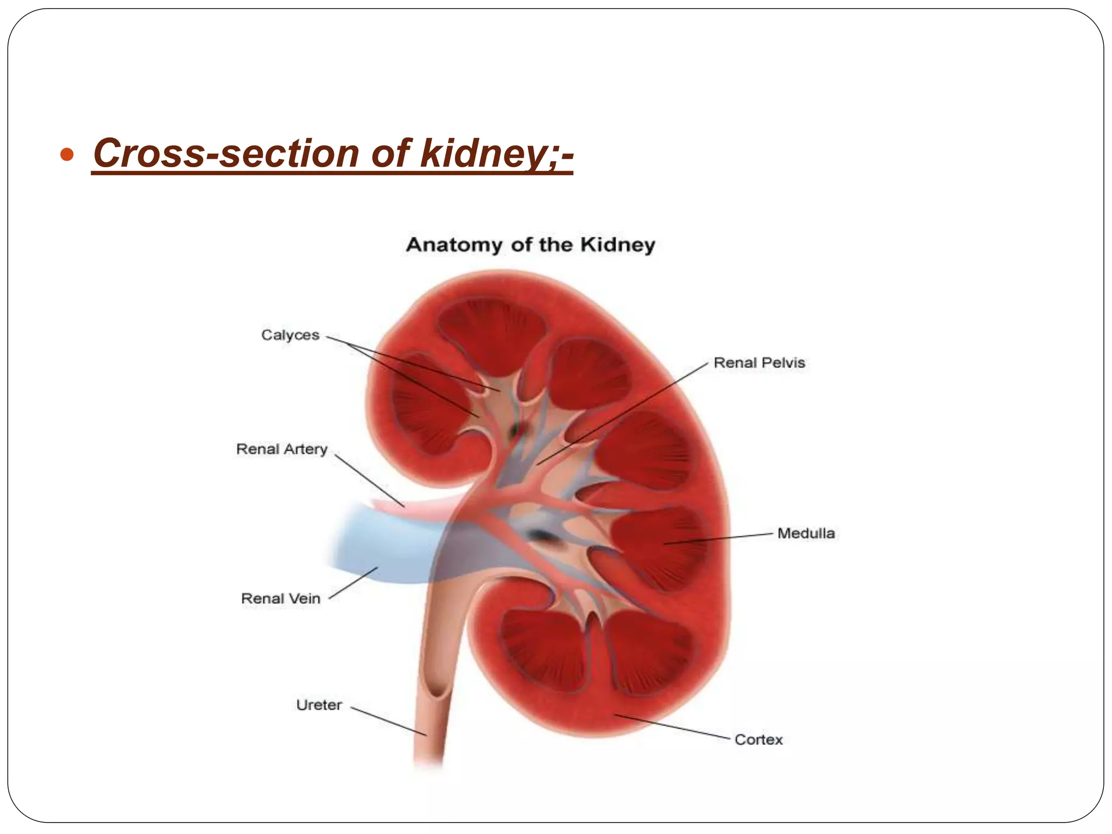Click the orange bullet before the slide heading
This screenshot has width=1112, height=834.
pyautogui.click(x=67, y=156)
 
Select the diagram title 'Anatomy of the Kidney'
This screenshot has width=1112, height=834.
pyautogui.click(x=530, y=245)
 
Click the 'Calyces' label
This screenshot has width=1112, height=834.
pyautogui.click(x=290, y=335)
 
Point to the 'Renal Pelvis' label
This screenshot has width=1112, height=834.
pyautogui.click(x=759, y=363)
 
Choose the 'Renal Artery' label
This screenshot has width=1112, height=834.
pyautogui.click(x=282, y=449)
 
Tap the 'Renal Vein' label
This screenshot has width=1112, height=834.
pyautogui.click(x=281, y=598)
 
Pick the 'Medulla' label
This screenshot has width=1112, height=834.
pyautogui.click(x=806, y=533)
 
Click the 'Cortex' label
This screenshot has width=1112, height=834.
pyautogui.click(x=758, y=740)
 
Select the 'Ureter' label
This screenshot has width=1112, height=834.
pyautogui.click(x=319, y=705)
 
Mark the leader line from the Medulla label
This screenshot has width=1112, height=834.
pyautogui.click(x=717, y=538)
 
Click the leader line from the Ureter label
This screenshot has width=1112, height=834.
pyautogui.click(x=388, y=721)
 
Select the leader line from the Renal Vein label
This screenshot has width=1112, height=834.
pyautogui.click(x=353, y=583)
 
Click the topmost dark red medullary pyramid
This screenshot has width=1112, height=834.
pyautogui.click(x=491, y=328)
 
